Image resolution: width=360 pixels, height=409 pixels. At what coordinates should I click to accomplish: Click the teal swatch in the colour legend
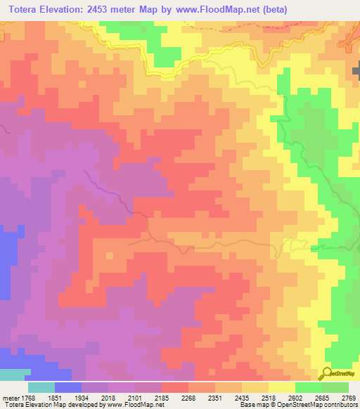coord(41,387)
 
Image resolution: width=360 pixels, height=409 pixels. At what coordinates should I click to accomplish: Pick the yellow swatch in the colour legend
coord(281,387)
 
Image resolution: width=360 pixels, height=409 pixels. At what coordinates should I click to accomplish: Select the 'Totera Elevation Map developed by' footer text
coord(49,405)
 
